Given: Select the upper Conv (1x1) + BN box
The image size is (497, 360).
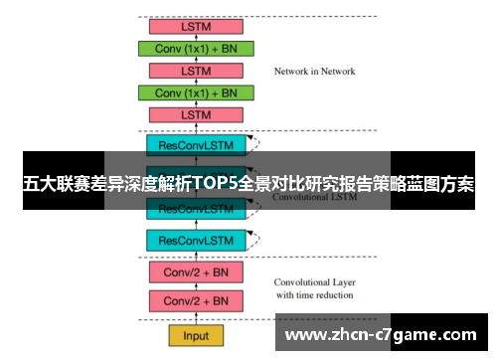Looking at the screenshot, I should click(x=197, y=48).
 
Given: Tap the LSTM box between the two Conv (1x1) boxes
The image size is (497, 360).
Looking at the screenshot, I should click(x=197, y=71).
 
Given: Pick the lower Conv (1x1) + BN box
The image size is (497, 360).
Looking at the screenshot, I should click(x=197, y=92).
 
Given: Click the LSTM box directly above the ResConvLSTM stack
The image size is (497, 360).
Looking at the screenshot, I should click(x=197, y=115).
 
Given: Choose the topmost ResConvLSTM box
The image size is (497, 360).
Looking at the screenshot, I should click(x=196, y=144).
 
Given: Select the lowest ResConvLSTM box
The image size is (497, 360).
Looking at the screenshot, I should click(x=196, y=240).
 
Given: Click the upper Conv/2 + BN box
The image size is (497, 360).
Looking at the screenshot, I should click(x=196, y=271).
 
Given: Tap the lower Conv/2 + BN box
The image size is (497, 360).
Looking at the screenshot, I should click(x=196, y=300).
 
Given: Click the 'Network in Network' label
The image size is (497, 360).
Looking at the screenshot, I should click(x=314, y=72).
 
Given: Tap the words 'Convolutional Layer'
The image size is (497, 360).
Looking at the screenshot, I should click(x=314, y=281).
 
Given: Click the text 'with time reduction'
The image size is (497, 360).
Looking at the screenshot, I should click(x=314, y=295).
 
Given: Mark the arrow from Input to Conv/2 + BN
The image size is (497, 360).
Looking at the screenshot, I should click(x=196, y=318).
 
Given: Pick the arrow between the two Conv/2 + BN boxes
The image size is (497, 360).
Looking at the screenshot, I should click(x=196, y=286).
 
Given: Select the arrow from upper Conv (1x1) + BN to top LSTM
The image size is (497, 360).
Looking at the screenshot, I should click(x=196, y=37).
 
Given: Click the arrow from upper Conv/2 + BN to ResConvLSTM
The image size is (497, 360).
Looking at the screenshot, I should click(x=196, y=256).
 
